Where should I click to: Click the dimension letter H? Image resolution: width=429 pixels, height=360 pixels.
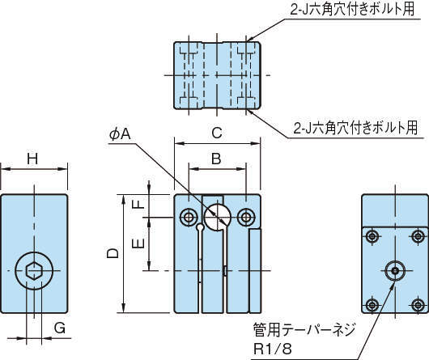click(x=32, y=159)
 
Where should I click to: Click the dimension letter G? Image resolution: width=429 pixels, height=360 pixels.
click(x=60, y=328)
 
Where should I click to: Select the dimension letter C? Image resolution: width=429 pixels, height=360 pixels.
click(x=217, y=133)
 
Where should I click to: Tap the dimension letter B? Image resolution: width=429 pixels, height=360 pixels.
click(x=216, y=159)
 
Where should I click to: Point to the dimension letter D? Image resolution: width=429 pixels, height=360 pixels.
click(x=113, y=253)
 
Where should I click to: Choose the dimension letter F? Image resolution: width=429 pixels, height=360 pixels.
click(x=138, y=204)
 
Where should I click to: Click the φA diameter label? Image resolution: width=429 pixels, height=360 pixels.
click(x=120, y=134)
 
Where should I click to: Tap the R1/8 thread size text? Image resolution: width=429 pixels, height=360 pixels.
click(x=273, y=349)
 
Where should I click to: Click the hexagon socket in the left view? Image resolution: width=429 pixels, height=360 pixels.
click(x=34, y=271)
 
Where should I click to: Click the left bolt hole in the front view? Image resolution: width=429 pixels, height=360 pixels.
click(x=189, y=218)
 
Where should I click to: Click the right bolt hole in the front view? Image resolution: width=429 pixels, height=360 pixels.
click(x=247, y=218)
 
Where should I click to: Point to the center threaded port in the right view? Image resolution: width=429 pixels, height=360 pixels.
click(x=395, y=271)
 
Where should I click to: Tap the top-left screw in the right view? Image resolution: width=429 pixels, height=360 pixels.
click(x=372, y=236)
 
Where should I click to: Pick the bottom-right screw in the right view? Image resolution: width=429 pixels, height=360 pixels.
click(x=418, y=304)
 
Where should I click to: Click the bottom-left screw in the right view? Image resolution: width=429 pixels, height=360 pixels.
click(x=372, y=304)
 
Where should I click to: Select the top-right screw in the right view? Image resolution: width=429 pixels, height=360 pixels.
click(x=418, y=236)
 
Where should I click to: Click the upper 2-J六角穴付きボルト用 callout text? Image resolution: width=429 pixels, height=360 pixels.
click(x=352, y=10)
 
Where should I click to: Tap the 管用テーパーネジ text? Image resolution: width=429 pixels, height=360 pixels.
click(x=304, y=329)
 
